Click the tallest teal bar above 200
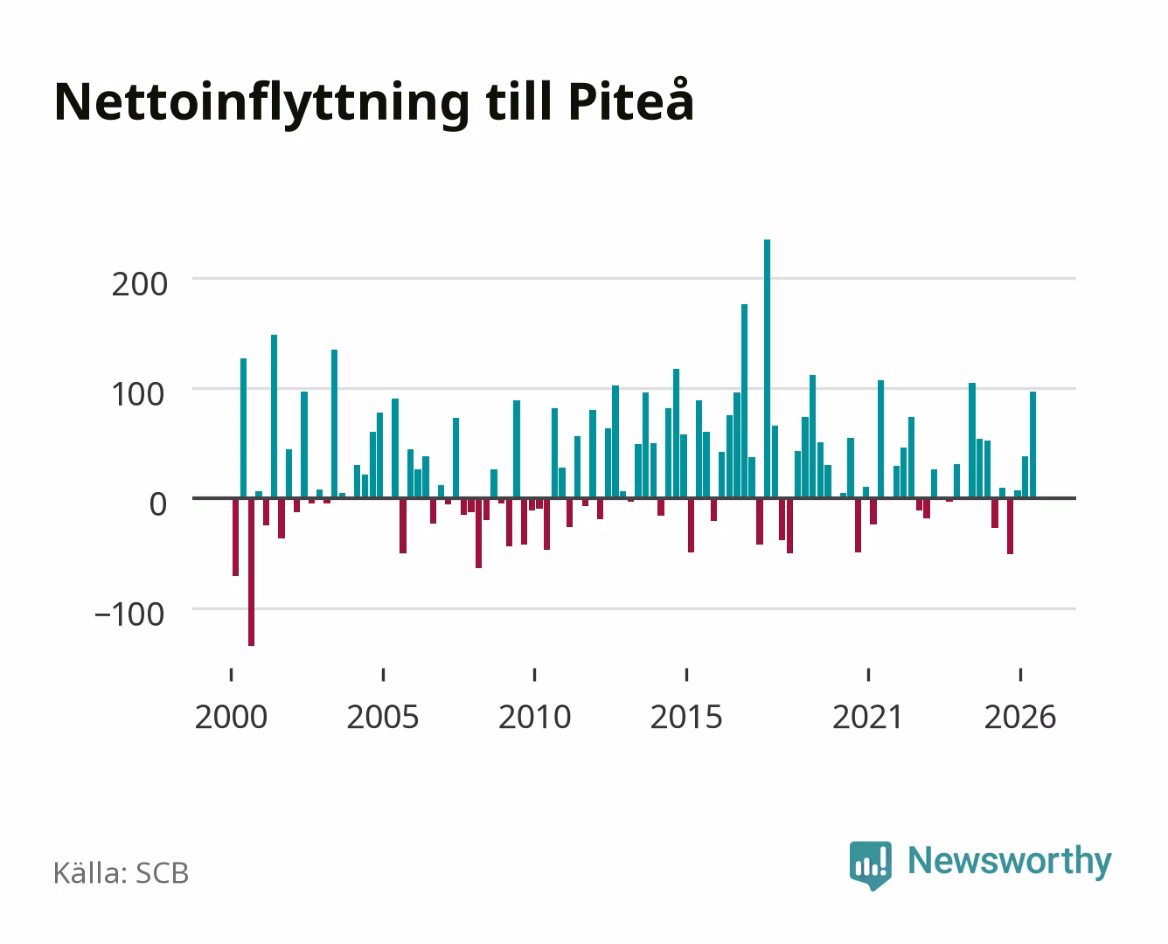(x=767, y=368)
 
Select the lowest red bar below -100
(x=251, y=573)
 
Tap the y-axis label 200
(x=139, y=285)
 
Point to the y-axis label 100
(x=137, y=395)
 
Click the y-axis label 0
(x=158, y=504)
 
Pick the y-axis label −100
(x=129, y=614)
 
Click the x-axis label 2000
(x=231, y=717)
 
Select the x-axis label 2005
(x=383, y=717)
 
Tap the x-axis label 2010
(x=535, y=717)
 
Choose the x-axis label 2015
(x=686, y=717)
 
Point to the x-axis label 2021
(x=867, y=717)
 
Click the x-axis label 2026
(x=1020, y=717)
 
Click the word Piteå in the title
(x=631, y=101)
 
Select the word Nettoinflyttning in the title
(x=262, y=104)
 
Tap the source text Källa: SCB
(x=122, y=873)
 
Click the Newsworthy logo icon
(x=870, y=865)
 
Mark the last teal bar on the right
(x=1033, y=445)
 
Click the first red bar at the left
(x=236, y=538)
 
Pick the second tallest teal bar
(x=745, y=400)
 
